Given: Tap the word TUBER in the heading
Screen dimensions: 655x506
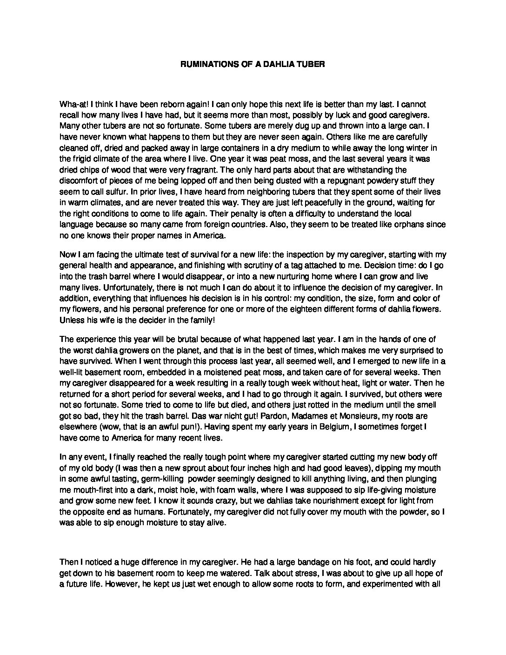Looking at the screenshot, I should [x=312, y=65].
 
